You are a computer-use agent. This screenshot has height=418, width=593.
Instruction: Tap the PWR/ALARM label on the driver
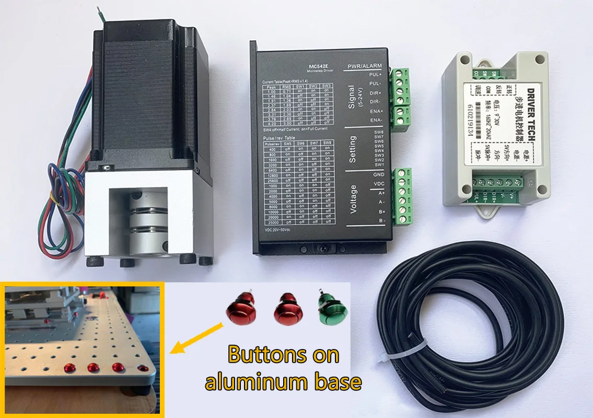(364, 66)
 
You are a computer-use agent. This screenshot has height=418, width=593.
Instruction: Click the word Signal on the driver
(351, 97)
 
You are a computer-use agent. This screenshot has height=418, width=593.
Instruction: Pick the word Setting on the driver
(352, 149)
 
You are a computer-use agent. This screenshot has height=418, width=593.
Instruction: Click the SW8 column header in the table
(327, 143)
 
